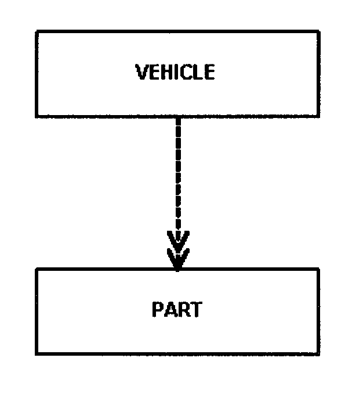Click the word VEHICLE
point(175,73)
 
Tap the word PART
point(177,309)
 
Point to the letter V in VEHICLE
point(141,73)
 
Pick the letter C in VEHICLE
point(184,73)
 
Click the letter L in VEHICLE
point(197,73)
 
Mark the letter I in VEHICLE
point(173,73)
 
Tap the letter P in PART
point(157,309)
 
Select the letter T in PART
point(196,309)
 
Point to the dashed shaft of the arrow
point(178,174)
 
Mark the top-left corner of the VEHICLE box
point(37,32)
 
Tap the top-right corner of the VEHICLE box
point(318,32)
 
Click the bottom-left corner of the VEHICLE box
point(37,115)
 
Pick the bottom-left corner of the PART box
point(37,353)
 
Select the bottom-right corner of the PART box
point(318,353)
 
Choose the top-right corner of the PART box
point(318,269)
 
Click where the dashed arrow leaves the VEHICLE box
point(178,116)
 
